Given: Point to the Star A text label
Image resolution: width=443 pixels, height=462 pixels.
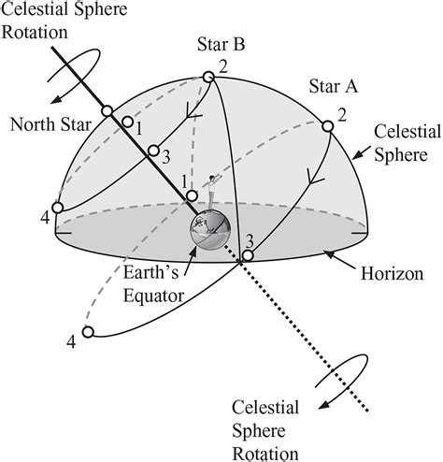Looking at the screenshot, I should (333, 88).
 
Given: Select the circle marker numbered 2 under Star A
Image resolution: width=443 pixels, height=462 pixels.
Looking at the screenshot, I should (329, 126).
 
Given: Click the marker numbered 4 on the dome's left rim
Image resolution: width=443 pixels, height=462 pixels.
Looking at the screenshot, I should (58, 208).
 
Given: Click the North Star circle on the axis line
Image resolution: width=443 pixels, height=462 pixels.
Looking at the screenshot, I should (109, 110).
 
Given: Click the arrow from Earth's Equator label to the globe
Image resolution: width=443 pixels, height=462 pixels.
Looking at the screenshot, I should (185, 261).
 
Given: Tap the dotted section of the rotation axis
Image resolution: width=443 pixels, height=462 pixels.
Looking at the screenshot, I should (308, 336).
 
